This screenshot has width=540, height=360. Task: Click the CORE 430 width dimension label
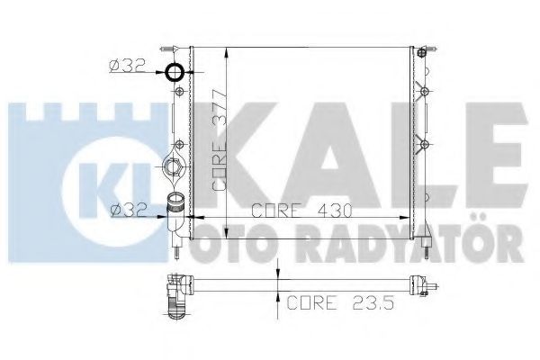click(x=301, y=211)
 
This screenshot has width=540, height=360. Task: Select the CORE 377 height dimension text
click(x=220, y=140)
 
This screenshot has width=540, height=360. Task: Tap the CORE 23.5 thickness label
click(x=340, y=302)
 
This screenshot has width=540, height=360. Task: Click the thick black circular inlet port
click(x=175, y=73)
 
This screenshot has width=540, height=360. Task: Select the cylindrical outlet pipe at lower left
click(x=175, y=213)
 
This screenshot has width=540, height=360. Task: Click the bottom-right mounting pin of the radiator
click(x=427, y=247)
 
